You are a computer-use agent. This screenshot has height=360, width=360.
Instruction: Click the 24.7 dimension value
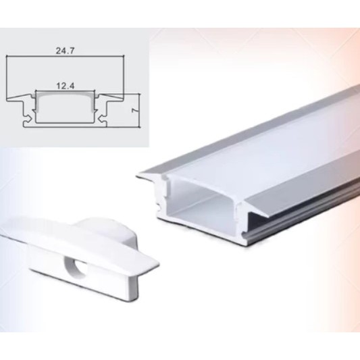point(66,51)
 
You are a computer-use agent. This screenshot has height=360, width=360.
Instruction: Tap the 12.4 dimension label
point(66,86)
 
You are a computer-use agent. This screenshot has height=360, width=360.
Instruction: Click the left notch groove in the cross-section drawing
point(28,119)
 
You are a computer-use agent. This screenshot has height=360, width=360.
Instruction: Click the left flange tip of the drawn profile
point(7,99)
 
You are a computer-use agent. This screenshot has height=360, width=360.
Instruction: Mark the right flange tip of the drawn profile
point(124,99)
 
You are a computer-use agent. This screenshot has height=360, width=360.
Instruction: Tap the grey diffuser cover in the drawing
point(66,94)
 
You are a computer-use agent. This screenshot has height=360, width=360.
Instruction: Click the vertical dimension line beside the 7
point(139,110)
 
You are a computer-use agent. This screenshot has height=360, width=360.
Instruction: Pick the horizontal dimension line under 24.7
point(66,55)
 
